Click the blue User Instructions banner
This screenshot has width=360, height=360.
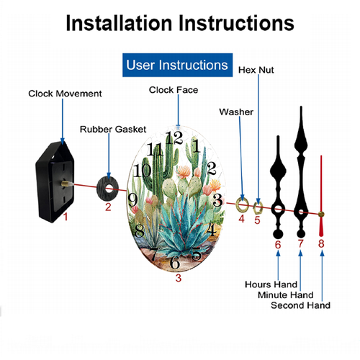tap(177, 65)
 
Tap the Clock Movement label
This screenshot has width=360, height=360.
tap(65, 94)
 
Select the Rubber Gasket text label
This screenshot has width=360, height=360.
tap(113, 130)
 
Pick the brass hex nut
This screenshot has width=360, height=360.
tap(258, 208)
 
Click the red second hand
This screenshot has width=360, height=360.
tap(321, 196)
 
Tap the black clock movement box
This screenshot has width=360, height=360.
tap(55, 181)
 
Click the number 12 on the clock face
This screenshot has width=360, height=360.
tap(174, 138)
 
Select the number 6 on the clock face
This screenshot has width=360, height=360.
tap(175, 262)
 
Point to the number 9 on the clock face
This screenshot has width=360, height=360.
tap(132, 199)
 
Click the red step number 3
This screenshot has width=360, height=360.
tap(179, 278)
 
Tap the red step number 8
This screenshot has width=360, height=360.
tap(321, 243)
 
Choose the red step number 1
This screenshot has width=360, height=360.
tap(66, 217)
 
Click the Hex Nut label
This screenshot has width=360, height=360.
tap(256, 70)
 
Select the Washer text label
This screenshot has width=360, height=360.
tap(236, 112)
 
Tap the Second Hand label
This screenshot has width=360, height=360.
tap(300, 305)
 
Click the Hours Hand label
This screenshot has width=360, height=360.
tap(271, 284)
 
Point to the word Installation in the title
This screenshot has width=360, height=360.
tap(119, 23)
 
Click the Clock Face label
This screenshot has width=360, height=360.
tap(174, 90)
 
